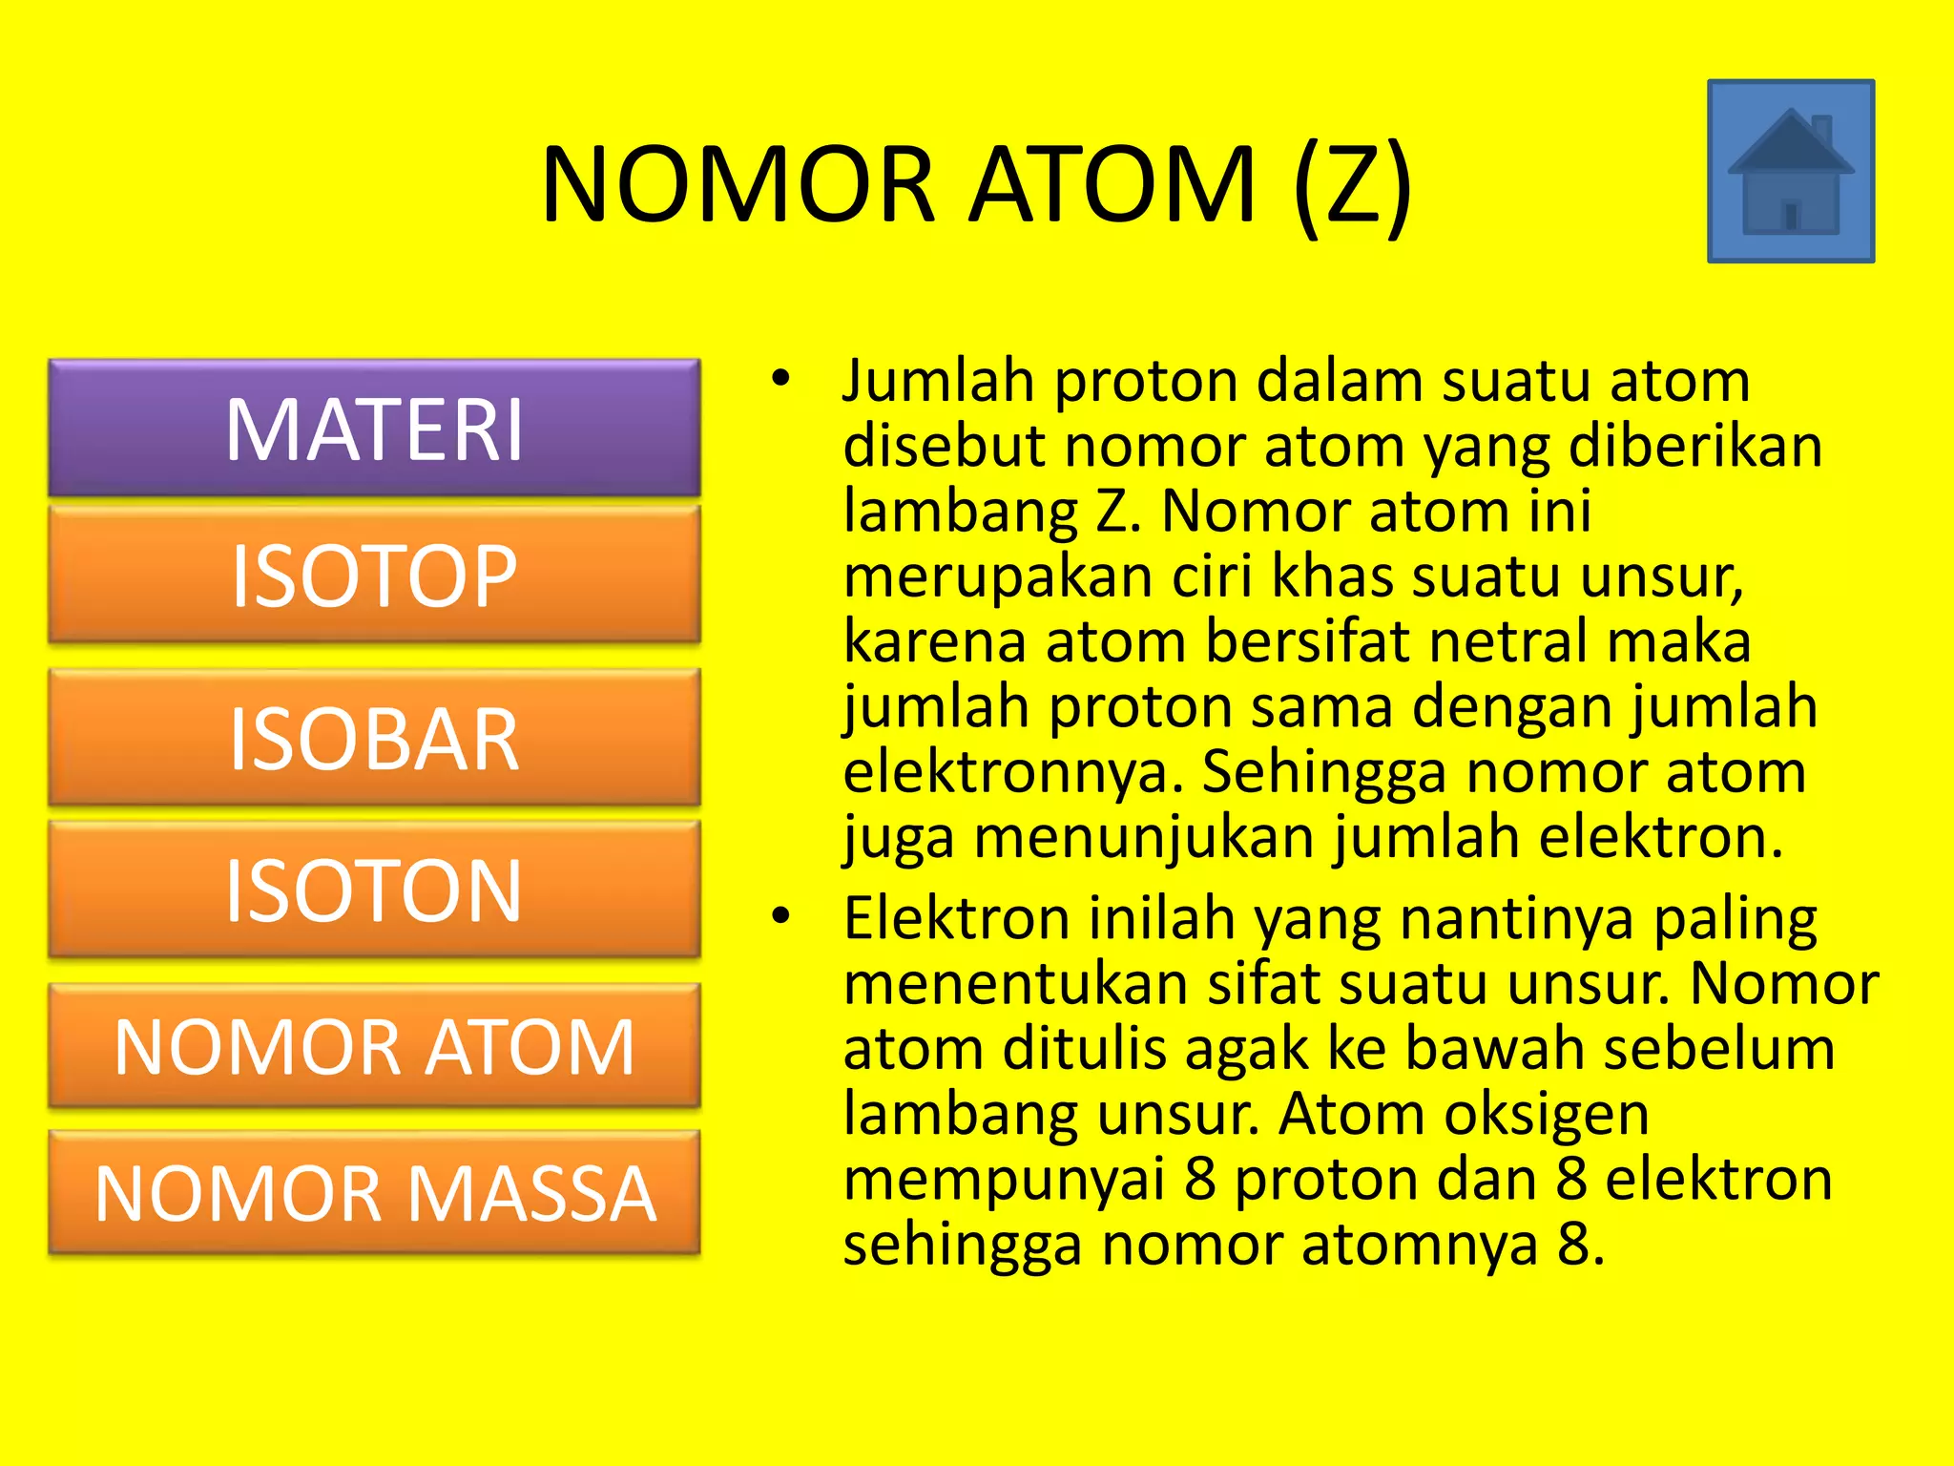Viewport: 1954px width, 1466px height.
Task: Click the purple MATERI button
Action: pos(374,429)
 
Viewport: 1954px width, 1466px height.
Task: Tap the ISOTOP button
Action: pos(374,576)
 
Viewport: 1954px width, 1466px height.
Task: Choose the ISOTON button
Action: pos(374,890)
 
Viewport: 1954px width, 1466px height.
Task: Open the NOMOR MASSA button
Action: pos(374,1193)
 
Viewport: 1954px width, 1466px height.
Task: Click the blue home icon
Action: pos(1791,172)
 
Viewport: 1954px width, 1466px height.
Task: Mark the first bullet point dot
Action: pos(781,379)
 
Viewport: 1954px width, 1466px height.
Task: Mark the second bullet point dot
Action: pos(781,916)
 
